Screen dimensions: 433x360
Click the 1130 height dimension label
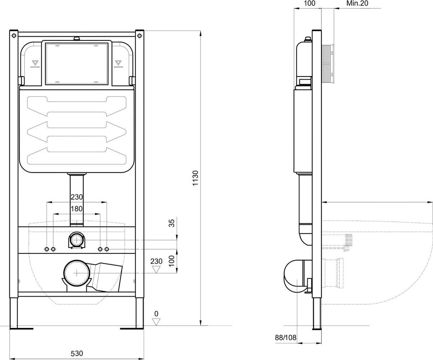pyautogui.click(x=196, y=178)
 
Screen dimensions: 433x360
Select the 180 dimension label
pyautogui.click(x=77, y=209)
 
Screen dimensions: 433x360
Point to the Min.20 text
pyautogui.click(x=357, y=3)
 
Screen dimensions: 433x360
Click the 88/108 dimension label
pyautogui.click(x=286, y=338)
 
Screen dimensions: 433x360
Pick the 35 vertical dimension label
pyautogui.click(x=172, y=223)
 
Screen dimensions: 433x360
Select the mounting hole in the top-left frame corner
pyautogui.click(x=14, y=36)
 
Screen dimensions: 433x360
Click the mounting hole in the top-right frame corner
pyautogui.click(x=139, y=36)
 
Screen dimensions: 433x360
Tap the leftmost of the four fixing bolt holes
pyautogui.click(x=47, y=249)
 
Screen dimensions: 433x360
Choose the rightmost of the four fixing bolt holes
pyautogui.click(x=107, y=249)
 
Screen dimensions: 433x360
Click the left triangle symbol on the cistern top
pyautogui.click(x=35, y=63)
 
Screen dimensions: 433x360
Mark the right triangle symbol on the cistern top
pyautogui.click(x=118, y=63)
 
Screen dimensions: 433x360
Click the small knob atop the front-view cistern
pyautogui.click(x=77, y=39)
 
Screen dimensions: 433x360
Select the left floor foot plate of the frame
pyautogui.click(x=22, y=328)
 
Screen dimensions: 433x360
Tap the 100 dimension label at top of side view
pyautogui.click(x=309, y=3)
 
